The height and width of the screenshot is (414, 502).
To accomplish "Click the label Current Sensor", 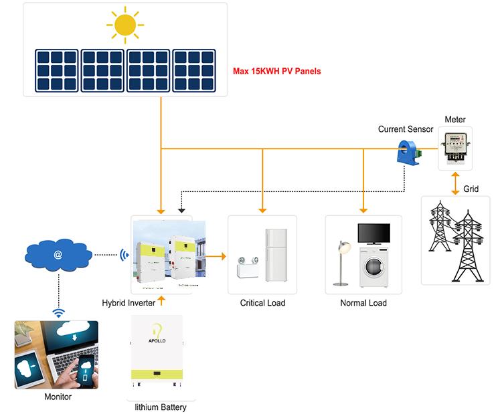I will (x=406, y=129).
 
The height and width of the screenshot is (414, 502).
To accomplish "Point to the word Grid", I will (x=471, y=189).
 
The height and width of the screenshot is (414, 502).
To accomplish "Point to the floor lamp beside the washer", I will (x=343, y=261).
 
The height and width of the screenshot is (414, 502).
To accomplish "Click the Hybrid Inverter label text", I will (x=129, y=303).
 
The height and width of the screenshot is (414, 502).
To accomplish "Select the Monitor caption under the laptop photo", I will (x=58, y=397).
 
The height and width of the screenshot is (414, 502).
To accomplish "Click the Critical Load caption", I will (x=262, y=303).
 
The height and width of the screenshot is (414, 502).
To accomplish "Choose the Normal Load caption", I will (x=363, y=303).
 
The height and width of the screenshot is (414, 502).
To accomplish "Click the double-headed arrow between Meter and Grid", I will (x=455, y=183).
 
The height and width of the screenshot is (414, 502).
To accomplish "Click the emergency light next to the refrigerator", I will (x=246, y=270).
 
